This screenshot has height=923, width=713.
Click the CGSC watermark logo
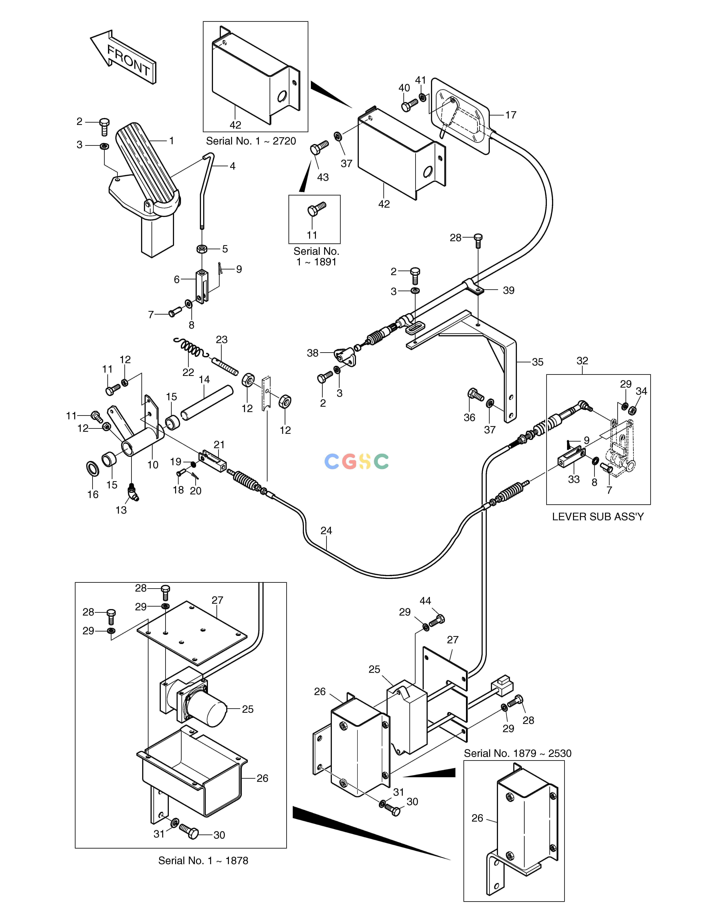pos(357,462)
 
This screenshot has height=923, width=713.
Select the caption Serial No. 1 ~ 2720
pos(251,141)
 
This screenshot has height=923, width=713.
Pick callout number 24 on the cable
pos(326,530)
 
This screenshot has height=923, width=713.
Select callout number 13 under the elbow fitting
pos(121,510)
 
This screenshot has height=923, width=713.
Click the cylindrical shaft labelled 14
pos(207,401)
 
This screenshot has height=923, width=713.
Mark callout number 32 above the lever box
pos(582,360)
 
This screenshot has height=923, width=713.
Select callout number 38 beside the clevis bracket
pos(313,353)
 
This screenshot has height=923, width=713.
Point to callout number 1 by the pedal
pos(172,141)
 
